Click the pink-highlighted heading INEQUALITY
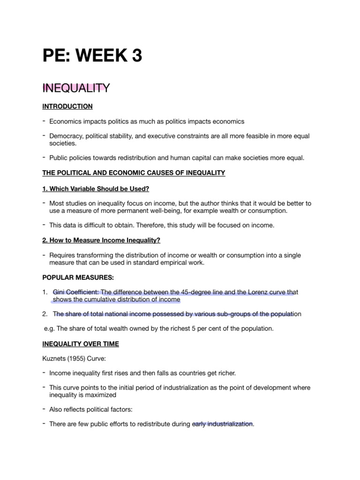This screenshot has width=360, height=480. [75, 88]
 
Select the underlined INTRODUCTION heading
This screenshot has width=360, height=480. [67, 106]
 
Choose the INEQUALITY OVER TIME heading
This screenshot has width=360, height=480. [80, 344]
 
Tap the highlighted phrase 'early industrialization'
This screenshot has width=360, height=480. [223, 424]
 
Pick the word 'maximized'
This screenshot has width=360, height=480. [94, 395]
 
